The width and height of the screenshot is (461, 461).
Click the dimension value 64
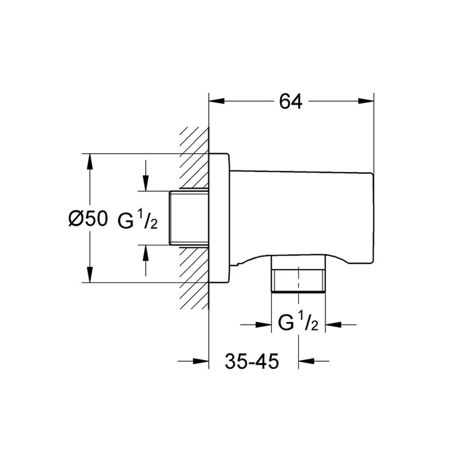pyautogui.click(x=290, y=101)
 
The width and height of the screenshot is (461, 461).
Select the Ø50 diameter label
pyautogui.click(x=88, y=219)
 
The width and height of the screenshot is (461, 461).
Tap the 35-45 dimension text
pyautogui.click(x=252, y=362)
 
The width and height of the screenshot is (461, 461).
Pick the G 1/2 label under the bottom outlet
pyautogui.click(x=298, y=323)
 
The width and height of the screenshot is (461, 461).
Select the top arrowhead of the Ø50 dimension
pyautogui.click(x=90, y=160)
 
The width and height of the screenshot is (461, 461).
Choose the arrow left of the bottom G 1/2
pyautogui.click(x=264, y=324)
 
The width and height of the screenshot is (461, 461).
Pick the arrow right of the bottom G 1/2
pyautogui.click(x=333, y=324)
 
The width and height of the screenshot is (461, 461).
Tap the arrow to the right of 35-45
pyautogui.click(x=306, y=362)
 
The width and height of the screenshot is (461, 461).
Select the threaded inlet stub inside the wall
pyautogui.click(x=188, y=218)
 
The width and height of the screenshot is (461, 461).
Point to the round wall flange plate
pyautogui.click(x=219, y=218)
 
